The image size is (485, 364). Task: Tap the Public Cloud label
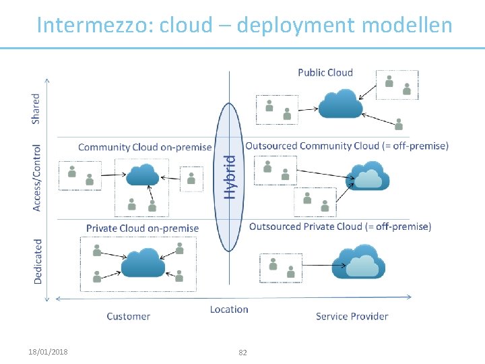click(x=325, y=72)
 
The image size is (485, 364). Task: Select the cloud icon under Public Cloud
click(x=339, y=104)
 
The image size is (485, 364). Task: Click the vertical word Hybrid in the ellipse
click(x=230, y=177)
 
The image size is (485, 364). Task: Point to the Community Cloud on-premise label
click(x=145, y=147)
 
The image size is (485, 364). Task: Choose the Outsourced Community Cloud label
click(x=347, y=146)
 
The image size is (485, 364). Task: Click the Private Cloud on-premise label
click(x=142, y=228)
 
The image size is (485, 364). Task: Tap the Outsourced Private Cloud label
click(x=340, y=226)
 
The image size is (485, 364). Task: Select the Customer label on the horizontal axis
click(x=128, y=316)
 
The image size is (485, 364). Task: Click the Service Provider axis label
click(x=352, y=316)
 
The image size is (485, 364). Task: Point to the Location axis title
click(x=229, y=309)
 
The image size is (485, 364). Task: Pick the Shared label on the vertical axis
click(x=36, y=108)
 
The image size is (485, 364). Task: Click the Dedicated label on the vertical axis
click(x=38, y=260)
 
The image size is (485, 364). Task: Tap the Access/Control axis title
click(x=36, y=177)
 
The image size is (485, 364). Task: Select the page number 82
click(x=243, y=353)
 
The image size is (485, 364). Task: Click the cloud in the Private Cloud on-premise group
click(x=143, y=262)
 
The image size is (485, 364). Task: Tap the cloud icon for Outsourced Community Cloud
click(x=367, y=176)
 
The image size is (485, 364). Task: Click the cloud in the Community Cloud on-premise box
click(x=142, y=175)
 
